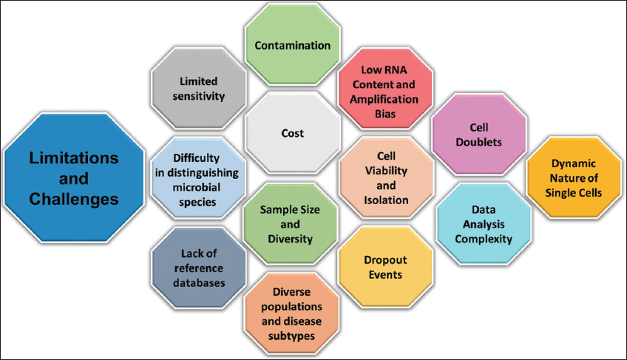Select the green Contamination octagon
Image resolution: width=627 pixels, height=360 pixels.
pos(292,46)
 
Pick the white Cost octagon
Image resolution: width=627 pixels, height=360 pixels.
pos(292,134)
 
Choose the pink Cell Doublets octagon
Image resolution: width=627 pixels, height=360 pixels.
pos(478,134)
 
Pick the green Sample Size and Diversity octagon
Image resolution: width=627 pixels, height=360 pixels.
pos(291,223)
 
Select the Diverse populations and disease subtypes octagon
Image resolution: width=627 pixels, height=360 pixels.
pos(292,313)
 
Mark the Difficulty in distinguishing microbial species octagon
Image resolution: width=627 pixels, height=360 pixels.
pos(197,180)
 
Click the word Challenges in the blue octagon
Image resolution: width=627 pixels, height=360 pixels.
pos(74,199)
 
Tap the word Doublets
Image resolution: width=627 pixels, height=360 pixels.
pos(478,141)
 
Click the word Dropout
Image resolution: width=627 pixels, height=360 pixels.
pos(384,259)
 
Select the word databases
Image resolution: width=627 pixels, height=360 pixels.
pos(197,282)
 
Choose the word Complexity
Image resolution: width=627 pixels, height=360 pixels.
pos(484,239)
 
